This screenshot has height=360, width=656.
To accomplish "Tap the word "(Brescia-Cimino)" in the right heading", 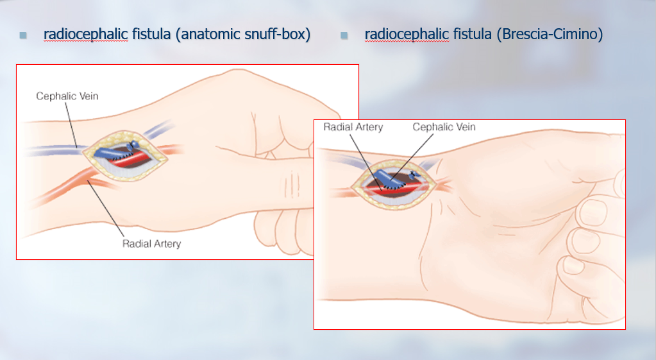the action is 550,34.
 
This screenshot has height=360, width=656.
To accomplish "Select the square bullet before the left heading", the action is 23,35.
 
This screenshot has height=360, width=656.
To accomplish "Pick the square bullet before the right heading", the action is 344,35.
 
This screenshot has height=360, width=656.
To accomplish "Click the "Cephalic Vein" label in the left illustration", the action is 67,96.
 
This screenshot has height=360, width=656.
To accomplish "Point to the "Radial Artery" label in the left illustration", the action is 151,244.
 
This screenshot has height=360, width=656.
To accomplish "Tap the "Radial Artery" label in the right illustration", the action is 353,127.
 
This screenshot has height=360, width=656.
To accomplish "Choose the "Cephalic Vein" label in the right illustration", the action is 444,127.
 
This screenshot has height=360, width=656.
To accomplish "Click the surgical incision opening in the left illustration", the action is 125,156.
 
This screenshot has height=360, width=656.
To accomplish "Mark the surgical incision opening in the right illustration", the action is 394,185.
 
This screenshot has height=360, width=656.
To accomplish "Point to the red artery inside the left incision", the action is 132,160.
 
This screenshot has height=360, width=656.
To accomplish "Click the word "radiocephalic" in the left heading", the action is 86,34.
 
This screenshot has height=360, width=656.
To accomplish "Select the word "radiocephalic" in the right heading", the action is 407,34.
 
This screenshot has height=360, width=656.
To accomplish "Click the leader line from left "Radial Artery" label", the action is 105,209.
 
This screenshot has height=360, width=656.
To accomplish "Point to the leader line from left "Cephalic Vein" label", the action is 71,124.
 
